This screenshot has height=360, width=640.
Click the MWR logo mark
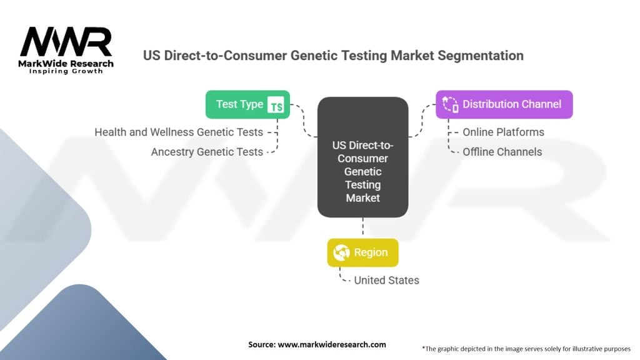coord(66,42)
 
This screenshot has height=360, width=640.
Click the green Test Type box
coord(247,104)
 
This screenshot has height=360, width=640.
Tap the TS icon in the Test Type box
coord(276,105)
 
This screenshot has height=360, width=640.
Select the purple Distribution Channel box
coord(504,104)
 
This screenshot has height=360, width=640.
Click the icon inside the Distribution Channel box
coord(451,104)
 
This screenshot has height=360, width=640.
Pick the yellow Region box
coord(363,252)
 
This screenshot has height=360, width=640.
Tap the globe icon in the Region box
coord(341,252)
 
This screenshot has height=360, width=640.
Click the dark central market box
coord(363,157)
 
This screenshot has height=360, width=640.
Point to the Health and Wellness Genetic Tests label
coord(179,132)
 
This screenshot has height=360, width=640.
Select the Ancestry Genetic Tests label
coord(207,152)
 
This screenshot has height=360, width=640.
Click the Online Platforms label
coord(503,132)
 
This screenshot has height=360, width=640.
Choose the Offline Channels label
coord(502,152)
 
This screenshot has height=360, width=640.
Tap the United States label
coord(386,281)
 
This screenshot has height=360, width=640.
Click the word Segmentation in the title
coord(481,56)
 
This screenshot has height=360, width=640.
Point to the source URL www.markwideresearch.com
coord(332,344)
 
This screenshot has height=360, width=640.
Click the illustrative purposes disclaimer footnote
coord(526,349)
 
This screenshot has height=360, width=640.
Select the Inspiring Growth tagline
coord(66,71)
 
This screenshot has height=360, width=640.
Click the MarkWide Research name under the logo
coord(66,64)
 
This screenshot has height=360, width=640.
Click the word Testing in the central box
coord(363,185)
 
